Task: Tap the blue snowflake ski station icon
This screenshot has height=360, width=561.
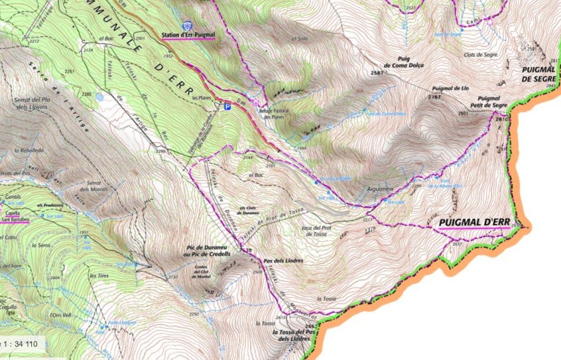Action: coord(188,26)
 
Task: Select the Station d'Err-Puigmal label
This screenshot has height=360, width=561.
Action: coord(188,36)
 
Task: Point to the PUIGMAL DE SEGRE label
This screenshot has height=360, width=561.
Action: coord(539,74)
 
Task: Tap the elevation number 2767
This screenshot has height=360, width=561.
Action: coord(434,96)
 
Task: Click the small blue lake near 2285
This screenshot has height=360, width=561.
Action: coord(99,96)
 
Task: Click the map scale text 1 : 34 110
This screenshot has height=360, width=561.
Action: coord(19,344)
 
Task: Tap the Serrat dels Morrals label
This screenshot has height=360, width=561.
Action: coord(93,186)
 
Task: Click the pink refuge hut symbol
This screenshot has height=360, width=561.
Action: coord(255,101)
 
